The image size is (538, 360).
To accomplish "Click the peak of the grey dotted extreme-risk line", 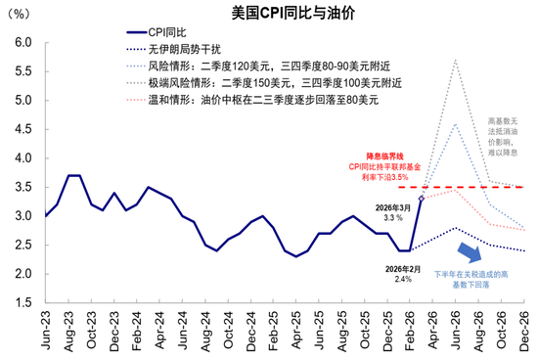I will [x=455, y=61].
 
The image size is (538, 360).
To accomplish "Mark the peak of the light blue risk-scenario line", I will [x=455, y=123].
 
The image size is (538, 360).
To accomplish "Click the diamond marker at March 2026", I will [x=422, y=199].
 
